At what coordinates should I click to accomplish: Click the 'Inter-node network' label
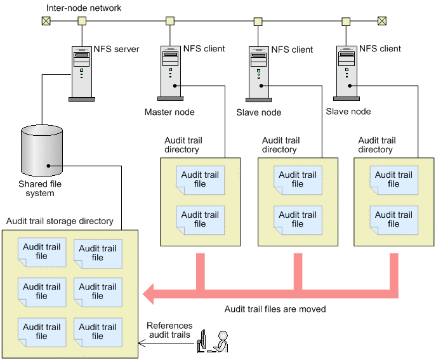pyautogui.click(x=83, y=8)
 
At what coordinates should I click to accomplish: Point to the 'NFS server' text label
pyautogui.click(x=116, y=49)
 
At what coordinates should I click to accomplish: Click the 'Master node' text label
pyautogui.click(x=169, y=112)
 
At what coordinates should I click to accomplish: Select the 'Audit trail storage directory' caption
pyautogui.click(x=60, y=222)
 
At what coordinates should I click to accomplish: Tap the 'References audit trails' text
pyautogui.click(x=169, y=330)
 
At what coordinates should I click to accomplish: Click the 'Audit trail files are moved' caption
pyautogui.click(x=275, y=309)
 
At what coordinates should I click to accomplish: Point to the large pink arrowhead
pyautogui.click(x=152, y=294)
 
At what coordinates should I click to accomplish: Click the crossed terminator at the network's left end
pyautogui.click(x=46, y=20)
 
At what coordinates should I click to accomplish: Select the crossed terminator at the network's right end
pyautogui.click(x=381, y=20)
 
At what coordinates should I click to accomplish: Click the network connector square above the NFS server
pyautogui.click(x=82, y=20)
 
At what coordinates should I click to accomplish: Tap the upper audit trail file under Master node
pyautogui.click(x=200, y=179)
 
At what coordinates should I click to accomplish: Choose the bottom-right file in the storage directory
pyautogui.click(x=97, y=331)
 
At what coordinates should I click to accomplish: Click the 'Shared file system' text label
pyautogui.click(x=40, y=189)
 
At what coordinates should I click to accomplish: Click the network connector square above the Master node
pyautogui.click(x=170, y=20)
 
